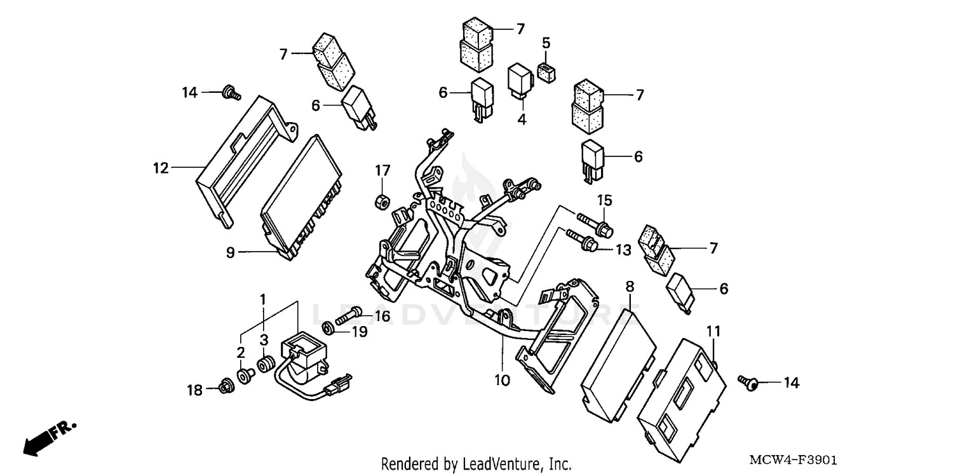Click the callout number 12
click(x=160, y=168)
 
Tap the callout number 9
click(x=231, y=252)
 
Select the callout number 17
click(x=381, y=171)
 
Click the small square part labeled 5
click(x=546, y=72)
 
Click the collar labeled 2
click(x=243, y=376)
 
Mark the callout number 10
click(x=502, y=381)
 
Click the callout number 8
click(x=630, y=287)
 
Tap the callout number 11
click(x=713, y=331)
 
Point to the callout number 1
click(x=262, y=298)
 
